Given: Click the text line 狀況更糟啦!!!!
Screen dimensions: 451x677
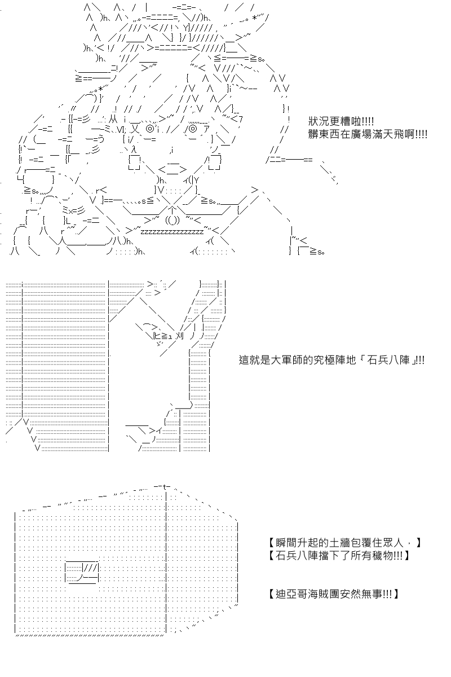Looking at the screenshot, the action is coord(341,122).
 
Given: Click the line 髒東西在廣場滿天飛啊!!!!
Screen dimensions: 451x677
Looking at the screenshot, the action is coord(368,134).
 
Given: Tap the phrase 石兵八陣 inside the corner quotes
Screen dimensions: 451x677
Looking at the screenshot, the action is coord(388,360).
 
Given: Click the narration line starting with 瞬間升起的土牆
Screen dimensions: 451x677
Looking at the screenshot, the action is coord(343,543).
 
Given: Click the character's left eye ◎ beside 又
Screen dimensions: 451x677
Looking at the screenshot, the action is coord(150,129).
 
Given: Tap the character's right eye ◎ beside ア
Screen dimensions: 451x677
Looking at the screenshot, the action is coord(193,129).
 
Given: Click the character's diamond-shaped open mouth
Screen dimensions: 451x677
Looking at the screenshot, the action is coord(172,169).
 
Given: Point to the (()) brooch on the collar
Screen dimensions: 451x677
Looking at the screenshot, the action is coord(172,221).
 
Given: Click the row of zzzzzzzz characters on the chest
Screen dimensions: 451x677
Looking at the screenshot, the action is coord(172,232).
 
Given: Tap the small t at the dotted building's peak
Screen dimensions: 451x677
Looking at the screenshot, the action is coord(165,486).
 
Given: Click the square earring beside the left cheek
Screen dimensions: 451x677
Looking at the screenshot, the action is coord(134,163).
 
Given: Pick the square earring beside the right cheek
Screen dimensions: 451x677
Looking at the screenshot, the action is coord(215,163).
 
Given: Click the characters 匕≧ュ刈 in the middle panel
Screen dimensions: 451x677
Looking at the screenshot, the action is coord(169,336).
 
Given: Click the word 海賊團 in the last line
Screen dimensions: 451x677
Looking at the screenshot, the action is coord(324,594).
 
